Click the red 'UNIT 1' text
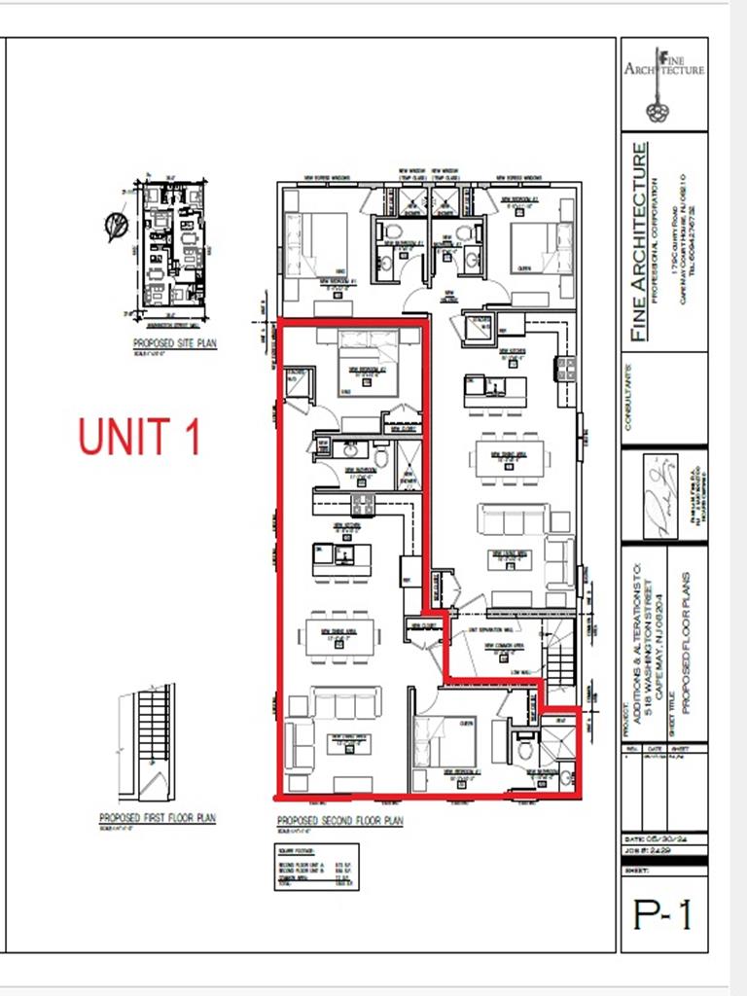click(139, 437)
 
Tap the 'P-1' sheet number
click(663, 913)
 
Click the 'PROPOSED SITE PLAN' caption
click(175, 343)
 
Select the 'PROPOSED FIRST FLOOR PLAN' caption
click(158, 818)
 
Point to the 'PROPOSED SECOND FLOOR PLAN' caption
click(339, 821)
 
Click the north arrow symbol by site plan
click(115, 227)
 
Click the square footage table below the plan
click(317, 867)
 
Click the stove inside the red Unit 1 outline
click(362, 504)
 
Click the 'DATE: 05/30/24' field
click(663, 838)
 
